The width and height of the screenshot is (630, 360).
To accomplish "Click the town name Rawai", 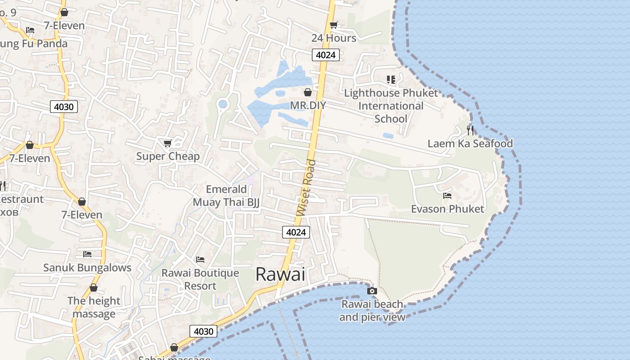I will [x=280, y=274].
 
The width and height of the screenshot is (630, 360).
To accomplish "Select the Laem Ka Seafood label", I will [x=470, y=144].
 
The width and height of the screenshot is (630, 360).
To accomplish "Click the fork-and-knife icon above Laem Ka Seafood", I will [x=470, y=130].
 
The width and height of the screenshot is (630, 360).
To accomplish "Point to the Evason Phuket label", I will [x=447, y=209].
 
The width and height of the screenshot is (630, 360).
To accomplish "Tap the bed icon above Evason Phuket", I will [x=447, y=196].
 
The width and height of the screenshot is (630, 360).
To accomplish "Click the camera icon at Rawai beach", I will [x=372, y=291].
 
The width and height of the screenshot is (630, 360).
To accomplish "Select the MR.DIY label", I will [x=308, y=105].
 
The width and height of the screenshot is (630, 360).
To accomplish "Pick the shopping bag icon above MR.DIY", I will [x=308, y=92].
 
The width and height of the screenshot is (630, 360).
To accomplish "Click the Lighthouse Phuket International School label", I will [x=391, y=106].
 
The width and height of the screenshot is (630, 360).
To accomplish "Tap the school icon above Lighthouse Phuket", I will [x=391, y=80].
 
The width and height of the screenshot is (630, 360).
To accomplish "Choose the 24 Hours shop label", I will [x=333, y=38].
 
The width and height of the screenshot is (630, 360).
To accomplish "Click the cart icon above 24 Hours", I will [x=334, y=25].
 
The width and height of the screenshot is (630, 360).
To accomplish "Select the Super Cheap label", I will [x=168, y=156].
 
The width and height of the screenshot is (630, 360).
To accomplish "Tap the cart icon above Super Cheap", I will [x=168, y=143].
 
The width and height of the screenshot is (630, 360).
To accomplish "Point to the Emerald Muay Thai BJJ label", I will [x=226, y=196].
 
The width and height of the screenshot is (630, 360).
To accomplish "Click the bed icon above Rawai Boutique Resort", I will [x=200, y=260].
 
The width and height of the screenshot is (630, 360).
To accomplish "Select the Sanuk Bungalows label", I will [x=87, y=268].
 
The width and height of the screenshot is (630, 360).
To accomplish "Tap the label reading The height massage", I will [x=94, y=307].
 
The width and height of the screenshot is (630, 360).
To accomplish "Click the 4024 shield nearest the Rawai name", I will [x=296, y=232].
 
